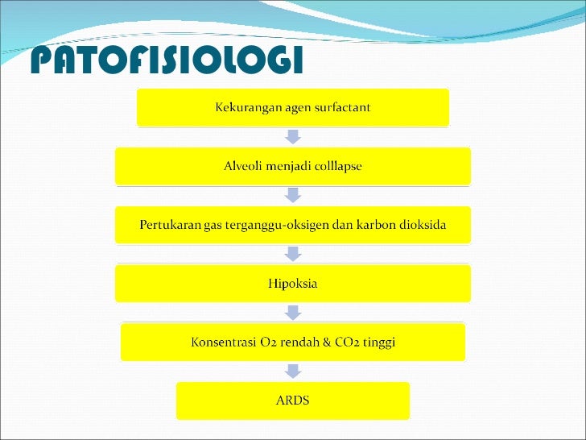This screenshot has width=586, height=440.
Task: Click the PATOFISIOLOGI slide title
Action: coord(167,60)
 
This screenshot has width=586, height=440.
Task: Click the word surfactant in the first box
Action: coord(340,108)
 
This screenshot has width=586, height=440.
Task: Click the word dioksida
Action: coord(422,225)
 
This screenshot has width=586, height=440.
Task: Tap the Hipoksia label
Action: coord(293,284)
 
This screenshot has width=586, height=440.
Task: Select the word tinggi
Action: coord(381,342)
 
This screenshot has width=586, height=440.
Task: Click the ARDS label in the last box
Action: coord(293,401)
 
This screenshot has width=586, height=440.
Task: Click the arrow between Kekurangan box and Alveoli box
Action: coord(293,137)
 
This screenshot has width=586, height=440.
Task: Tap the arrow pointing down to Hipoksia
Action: coord(293,254)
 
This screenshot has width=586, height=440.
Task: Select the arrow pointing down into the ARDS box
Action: coord(293,372)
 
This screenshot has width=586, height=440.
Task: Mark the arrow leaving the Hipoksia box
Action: coord(293,313)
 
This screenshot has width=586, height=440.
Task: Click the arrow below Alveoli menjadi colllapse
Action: coord(293,196)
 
